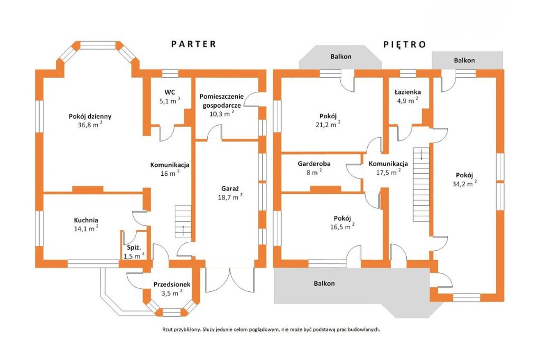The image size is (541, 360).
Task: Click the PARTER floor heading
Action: [193, 44]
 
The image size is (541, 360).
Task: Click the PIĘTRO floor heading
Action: [404, 44]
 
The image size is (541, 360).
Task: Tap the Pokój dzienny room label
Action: [90, 117]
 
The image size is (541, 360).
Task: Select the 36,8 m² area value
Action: [90, 126]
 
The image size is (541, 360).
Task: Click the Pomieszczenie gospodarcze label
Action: [221, 100]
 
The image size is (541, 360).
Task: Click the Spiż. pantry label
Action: [133, 248]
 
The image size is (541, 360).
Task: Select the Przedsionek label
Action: [171, 284]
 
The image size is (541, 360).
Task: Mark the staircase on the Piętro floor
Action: [421, 177]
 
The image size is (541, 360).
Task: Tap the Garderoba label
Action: [314, 164]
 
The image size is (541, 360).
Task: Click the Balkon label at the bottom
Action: [324, 283]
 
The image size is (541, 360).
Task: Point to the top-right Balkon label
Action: [464, 61]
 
